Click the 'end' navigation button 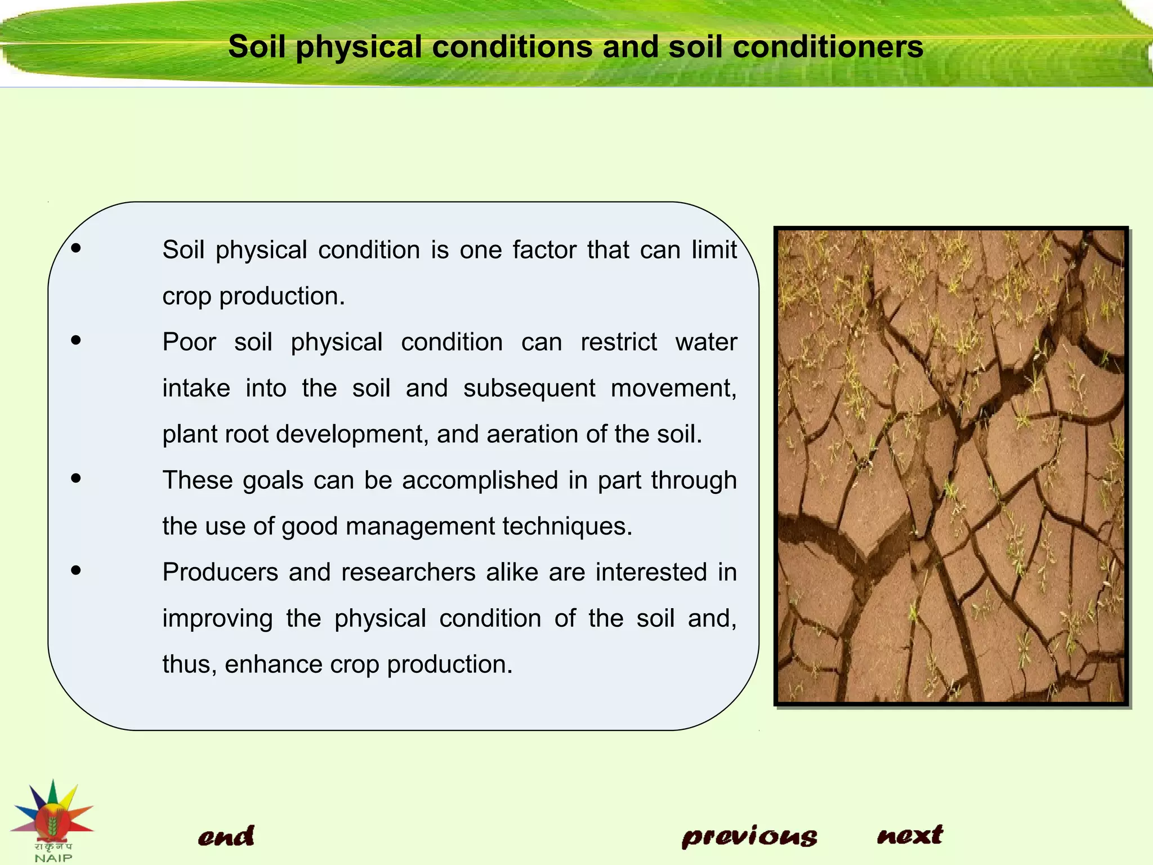[226, 836]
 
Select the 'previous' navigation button [749, 836]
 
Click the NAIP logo [53, 820]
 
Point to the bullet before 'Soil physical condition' [76, 248]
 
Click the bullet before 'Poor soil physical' [76, 340]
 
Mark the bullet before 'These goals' [76, 479]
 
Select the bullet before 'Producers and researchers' [76, 570]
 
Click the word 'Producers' [220, 572]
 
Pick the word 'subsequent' [529, 389]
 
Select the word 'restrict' [618, 342]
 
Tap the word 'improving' [217, 618]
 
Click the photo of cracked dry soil [951, 466]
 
